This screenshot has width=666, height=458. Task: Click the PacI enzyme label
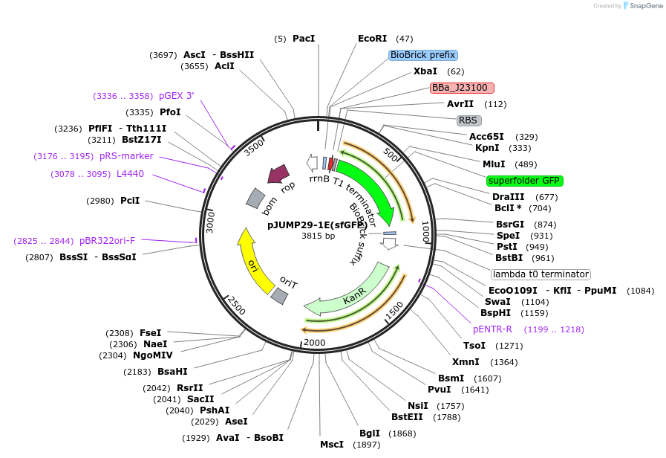[x=304, y=39]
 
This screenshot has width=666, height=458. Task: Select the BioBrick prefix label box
[x=422, y=55]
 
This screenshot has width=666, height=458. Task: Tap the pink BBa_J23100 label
[x=460, y=88]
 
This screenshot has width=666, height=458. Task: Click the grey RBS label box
[x=469, y=120]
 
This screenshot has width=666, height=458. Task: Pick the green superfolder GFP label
[x=524, y=181]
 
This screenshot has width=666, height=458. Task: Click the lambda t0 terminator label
[x=541, y=274]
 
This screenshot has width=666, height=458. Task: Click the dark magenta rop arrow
[x=278, y=174]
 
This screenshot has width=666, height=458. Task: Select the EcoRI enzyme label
[x=372, y=39]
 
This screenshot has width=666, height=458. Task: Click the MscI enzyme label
[x=331, y=445]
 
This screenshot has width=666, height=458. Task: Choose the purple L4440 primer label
[x=130, y=174]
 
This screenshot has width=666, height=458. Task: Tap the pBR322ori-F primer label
[x=107, y=241]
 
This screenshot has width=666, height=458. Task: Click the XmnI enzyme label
[x=466, y=362]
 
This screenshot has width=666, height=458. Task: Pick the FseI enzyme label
[x=150, y=333]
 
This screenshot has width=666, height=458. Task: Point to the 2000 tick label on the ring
[x=315, y=342]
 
